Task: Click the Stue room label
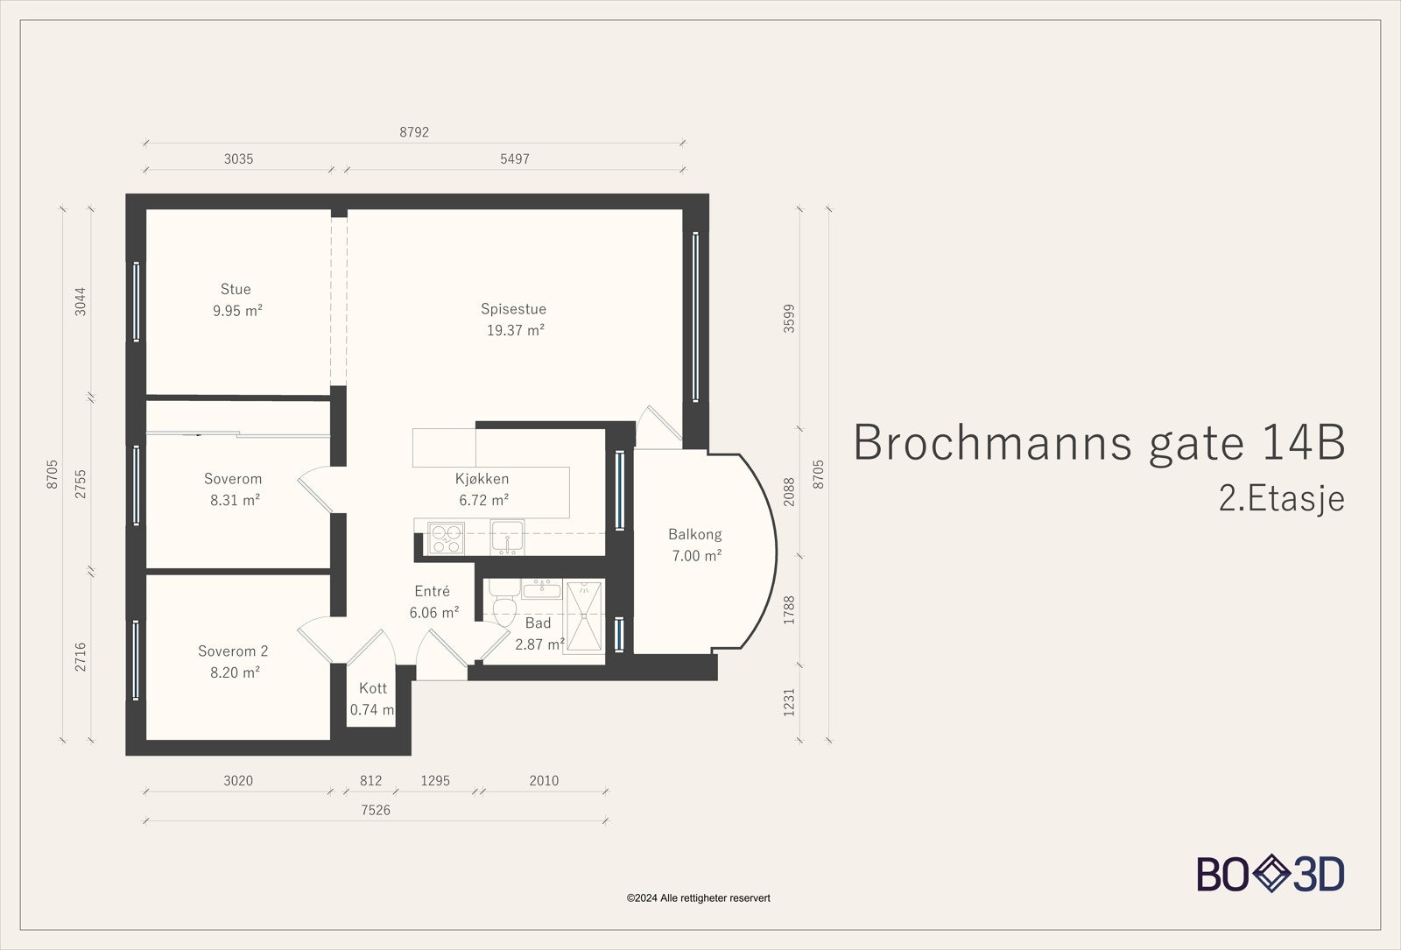click(x=236, y=289)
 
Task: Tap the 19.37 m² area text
click(x=515, y=330)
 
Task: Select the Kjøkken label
click(x=482, y=479)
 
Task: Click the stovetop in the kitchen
click(x=446, y=538)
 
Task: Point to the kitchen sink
click(x=506, y=536)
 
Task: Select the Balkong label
click(x=694, y=534)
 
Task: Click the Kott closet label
click(x=373, y=688)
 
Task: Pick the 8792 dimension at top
click(x=414, y=132)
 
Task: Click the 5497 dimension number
click(x=515, y=159)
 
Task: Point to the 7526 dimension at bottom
click(x=376, y=810)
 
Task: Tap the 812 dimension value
click(x=370, y=780)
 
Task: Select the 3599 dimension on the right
click(x=789, y=318)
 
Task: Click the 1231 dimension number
click(x=789, y=702)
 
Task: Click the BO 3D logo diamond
click(x=1270, y=874)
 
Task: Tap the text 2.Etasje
click(x=1281, y=498)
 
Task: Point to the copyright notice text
click(x=698, y=897)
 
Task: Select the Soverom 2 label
click(x=233, y=651)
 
